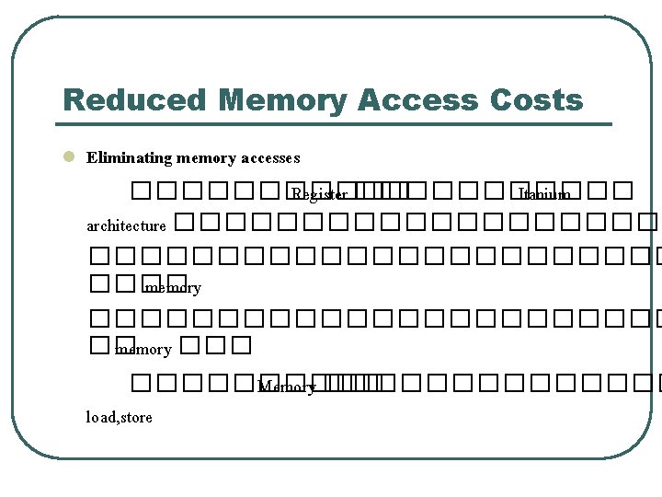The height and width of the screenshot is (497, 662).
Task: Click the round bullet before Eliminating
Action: click(67, 157)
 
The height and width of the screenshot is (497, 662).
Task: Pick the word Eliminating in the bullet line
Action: click(129, 158)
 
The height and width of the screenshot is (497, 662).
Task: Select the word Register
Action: click(319, 194)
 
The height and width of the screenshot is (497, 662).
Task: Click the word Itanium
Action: click(544, 194)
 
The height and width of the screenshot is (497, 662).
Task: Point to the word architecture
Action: click(126, 225)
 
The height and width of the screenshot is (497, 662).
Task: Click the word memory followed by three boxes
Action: click(143, 350)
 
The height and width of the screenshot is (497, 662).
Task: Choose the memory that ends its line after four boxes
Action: click(173, 288)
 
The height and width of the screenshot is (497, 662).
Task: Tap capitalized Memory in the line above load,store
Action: click(287, 387)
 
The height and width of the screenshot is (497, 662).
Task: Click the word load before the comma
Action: click(100, 417)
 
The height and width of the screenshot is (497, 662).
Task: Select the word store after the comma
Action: click(136, 417)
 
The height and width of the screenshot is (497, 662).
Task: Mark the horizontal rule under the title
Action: click(337, 123)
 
